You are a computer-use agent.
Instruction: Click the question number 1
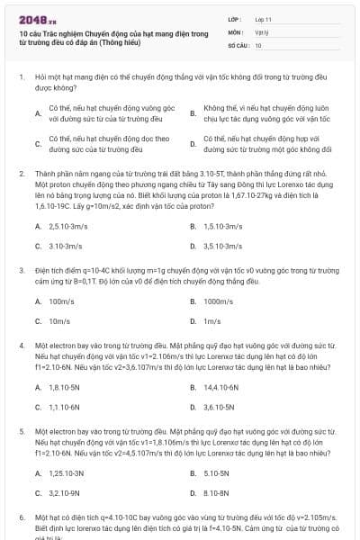pyautogui.click(x=21, y=77)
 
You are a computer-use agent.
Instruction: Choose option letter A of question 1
pyautogui.click(x=38, y=113)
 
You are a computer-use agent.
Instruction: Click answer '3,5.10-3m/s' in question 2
pyautogui.click(x=222, y=246)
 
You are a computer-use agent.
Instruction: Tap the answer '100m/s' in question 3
pyautogui.click(x=61, y=301)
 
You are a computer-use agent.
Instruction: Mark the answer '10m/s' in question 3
pyautogui.click(x=59, y=320)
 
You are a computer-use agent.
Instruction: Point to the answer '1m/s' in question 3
pyautogui.click(x=212, y=320)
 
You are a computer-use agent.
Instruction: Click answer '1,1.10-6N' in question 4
pyautogui.click(x=66, y=407)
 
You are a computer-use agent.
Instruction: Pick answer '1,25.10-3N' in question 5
pyautogui.click(x=67, y=473)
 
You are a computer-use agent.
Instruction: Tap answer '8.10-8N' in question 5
pyautogui.click(x=217, y=493)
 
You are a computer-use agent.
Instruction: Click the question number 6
pyautogui.click(x=21, y=519)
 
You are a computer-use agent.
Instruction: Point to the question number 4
pyautogui.click(x=21, y=345)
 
